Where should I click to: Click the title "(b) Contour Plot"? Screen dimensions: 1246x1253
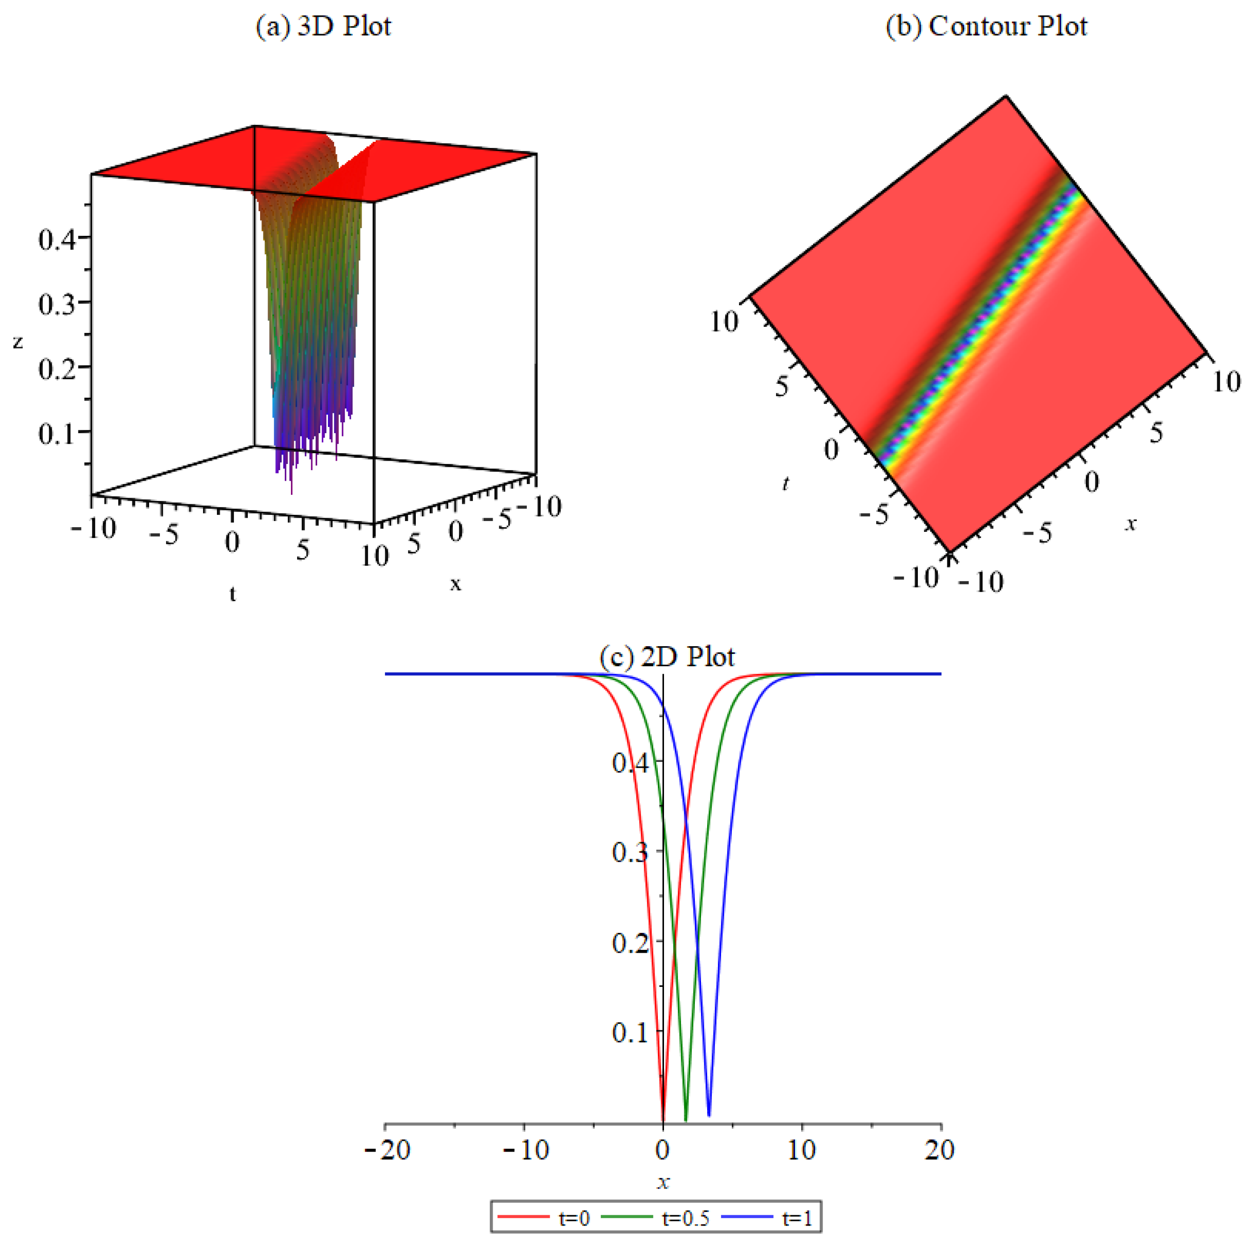coord(986,27)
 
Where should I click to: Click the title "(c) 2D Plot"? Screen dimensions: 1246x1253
coord(667,657)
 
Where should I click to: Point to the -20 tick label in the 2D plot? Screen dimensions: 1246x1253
coord(388,1151)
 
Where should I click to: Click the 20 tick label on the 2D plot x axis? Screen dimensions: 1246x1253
coord(940,1151)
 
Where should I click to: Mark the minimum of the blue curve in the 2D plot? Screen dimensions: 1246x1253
coord(709,1116)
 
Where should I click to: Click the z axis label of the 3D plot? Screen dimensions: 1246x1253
coord(18,342)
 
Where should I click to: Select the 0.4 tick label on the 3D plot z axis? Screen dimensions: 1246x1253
coord(56,239)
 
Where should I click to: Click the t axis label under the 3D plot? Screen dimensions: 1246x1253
coord(232,593)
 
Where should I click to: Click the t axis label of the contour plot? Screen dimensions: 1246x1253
coord(786,483)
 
